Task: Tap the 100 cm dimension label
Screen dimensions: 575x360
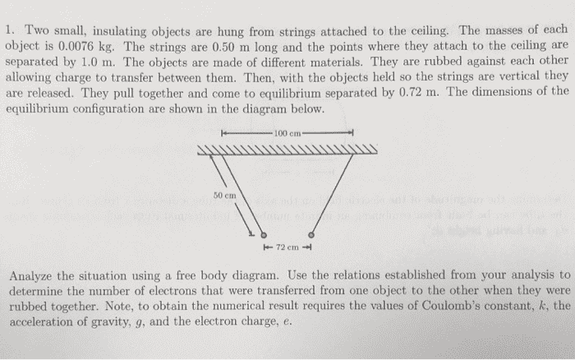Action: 287,133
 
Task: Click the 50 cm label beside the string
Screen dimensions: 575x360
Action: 224,196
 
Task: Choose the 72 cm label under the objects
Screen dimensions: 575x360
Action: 287,247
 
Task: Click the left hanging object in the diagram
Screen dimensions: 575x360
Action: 264,235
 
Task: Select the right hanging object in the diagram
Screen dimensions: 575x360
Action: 311,234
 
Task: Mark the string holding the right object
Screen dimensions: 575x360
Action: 332,193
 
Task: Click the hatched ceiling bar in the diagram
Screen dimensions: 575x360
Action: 287,150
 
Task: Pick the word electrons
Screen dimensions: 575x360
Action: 201,291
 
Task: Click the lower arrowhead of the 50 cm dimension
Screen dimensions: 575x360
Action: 251,233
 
